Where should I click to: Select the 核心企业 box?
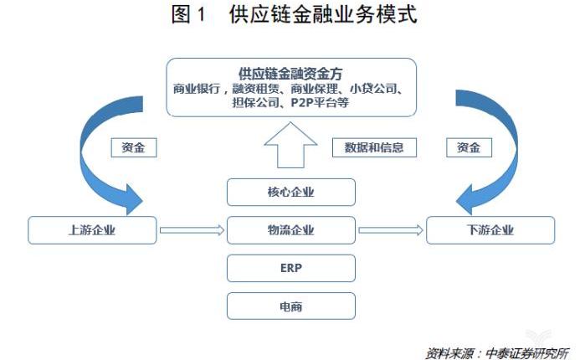pyautogui.click(x=291, y=193)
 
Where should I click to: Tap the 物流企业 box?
pyautogui.click(x=291, y=230)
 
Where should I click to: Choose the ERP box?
pyautogui.click(x=291, y=268)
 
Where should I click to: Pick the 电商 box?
pyautogui.click(x=291, y=306)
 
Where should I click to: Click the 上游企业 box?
pyautogui.click(x=92, y=230)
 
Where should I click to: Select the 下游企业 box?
pyautogui.click(x=490, y=230)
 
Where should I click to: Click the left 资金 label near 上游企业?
pyautogui.click(x=134, y=147)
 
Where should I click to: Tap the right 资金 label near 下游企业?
pyautogui.click(x=469, y=147)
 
